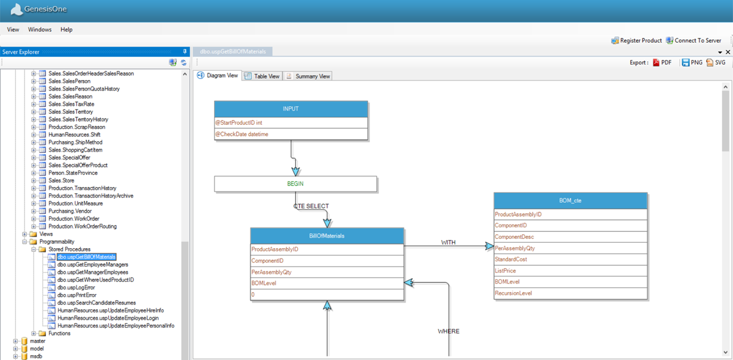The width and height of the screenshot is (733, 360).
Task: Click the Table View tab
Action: [262, 76]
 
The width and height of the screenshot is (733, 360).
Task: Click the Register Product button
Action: [636, 41]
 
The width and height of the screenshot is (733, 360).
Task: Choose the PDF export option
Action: [662, 63]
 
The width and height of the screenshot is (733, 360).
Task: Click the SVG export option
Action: [716, 63]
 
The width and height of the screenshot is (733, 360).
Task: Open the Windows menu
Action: [40, 29]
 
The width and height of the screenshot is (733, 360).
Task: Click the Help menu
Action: [67, 29]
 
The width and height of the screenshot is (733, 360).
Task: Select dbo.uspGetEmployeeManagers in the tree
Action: [92, 265]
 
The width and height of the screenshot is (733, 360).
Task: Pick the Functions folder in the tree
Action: [59, 333]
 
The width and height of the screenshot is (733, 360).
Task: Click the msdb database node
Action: [36, 356]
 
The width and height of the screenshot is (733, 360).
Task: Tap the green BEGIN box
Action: [295, 184]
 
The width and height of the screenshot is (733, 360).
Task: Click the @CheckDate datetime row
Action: [291, 134]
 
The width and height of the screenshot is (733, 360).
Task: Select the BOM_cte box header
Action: [570, 200]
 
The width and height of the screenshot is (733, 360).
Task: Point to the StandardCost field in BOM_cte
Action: [570, 260]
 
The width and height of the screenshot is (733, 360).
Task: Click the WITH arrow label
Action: [448, 242]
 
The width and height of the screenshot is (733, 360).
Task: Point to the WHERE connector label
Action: [448, 331]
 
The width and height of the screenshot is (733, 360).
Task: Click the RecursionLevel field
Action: [570, 293]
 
